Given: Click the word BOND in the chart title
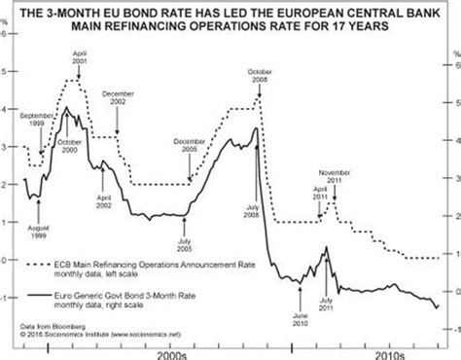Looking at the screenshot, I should coord(163,12).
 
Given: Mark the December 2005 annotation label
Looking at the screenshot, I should coord(191,146).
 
